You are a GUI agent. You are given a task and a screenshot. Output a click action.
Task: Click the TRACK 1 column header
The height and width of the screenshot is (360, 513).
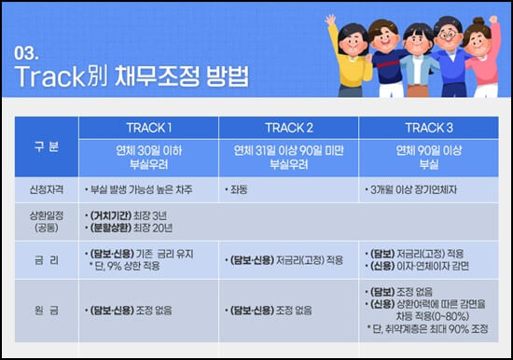click(x=149, y=127)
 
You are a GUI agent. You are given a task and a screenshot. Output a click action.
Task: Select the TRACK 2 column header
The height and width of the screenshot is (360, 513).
click(x=289, y=127)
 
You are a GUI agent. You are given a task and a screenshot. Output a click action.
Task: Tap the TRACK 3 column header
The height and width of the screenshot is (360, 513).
click(x=430, y=127)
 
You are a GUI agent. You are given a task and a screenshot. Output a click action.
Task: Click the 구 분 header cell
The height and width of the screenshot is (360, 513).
click(x=46, y=146)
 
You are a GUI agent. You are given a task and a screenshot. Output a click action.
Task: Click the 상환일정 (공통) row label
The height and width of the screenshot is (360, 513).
click(x=46, y=221)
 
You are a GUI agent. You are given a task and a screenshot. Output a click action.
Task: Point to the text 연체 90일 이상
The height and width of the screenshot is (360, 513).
click(x=430, y=148)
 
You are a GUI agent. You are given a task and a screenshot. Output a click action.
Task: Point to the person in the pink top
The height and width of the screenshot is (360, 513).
click(x=484, y=56)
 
